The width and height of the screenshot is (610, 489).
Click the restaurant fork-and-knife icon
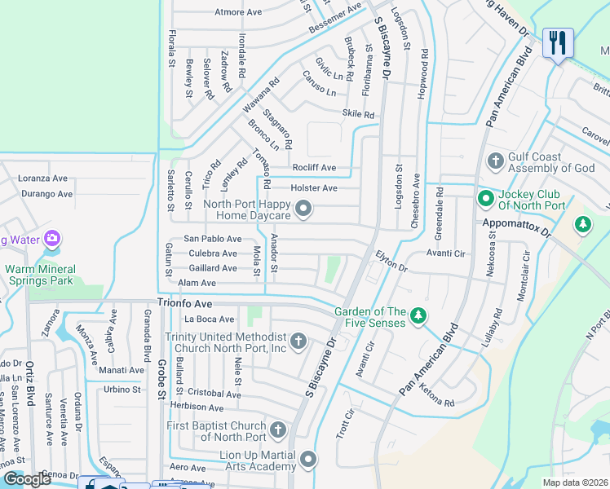pos(558,42)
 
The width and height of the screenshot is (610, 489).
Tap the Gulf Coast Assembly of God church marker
pos(494,160)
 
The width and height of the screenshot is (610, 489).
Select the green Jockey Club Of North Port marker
pos(485,197)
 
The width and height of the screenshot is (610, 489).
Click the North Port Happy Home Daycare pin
pos(303,210)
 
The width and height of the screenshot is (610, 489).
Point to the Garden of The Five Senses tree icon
pos(418,315)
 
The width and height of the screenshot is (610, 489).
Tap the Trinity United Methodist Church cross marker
pos(298,341)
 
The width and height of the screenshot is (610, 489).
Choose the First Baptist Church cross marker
pos(278,430)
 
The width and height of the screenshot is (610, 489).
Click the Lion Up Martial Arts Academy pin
pos(308,460)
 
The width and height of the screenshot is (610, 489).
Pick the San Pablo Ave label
pos(212,239)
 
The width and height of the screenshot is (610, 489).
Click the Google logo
pos(28,478)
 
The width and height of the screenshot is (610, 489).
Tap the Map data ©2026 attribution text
pos(575,482)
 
